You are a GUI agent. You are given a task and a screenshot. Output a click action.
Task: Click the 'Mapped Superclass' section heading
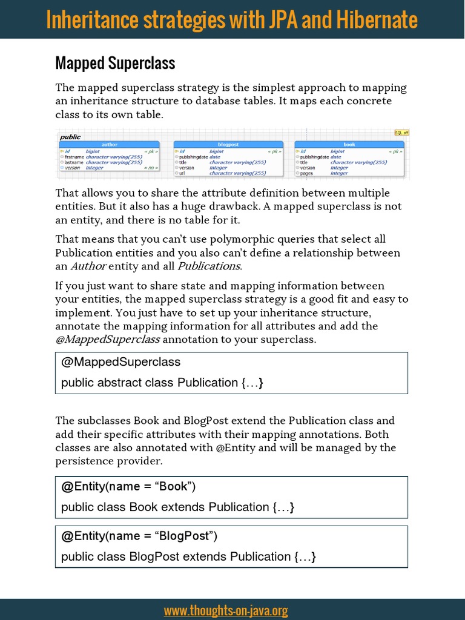(115, 63)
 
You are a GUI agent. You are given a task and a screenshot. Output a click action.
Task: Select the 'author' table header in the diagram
(110, 145)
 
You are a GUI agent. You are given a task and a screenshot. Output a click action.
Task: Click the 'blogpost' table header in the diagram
(229, 145)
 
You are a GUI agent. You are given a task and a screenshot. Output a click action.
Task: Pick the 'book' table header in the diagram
(349, 145)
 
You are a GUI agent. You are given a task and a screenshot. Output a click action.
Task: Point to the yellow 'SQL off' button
(401, 133)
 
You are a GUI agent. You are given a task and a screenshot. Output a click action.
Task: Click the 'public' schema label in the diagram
(70, 137)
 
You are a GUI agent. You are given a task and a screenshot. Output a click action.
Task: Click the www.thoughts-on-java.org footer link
(225, 610)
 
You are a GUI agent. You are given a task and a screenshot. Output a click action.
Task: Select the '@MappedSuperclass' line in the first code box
(121, 362)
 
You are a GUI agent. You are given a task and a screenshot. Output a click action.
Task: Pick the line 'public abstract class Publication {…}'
(162, 383)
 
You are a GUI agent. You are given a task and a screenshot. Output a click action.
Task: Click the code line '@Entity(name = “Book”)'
(128, 487)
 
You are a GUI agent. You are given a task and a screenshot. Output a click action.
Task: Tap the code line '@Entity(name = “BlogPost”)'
(139, 536)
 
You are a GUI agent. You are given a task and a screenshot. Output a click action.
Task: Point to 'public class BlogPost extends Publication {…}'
(188, 556)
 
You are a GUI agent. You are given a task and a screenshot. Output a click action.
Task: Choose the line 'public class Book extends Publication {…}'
(177, 507)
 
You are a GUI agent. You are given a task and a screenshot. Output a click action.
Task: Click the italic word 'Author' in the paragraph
(88, 266)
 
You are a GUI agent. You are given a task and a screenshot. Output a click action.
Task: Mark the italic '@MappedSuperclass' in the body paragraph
(108, 339)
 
